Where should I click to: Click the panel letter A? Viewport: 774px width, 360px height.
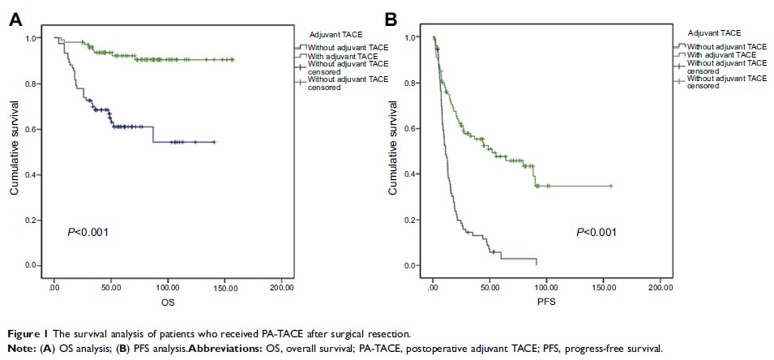click(15, 19)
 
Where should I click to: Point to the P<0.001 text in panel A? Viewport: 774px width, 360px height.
click(88, 233)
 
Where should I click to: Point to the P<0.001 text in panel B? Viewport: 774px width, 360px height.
click(596, 233)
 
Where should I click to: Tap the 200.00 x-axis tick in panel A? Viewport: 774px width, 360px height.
click(281, 288)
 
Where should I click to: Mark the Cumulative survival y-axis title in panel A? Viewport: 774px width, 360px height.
click(14, 152)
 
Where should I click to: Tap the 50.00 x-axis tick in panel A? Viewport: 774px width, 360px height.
click(111, 288)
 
